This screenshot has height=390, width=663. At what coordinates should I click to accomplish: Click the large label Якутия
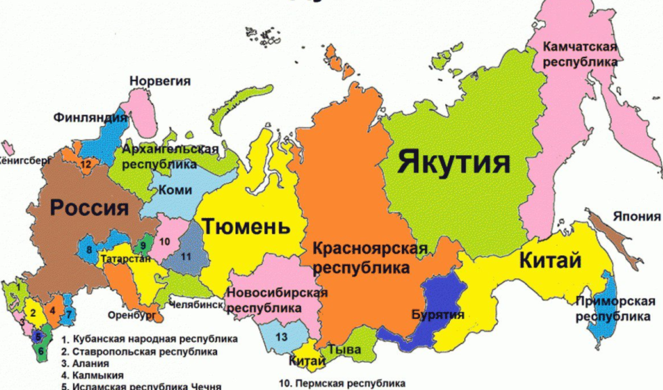pyautogui.click(x=453, y=163)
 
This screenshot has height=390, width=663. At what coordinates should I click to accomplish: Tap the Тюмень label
pyautogui.click(x=246, y=226)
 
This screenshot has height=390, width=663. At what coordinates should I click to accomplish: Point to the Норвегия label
pyautogui.click(x=160, y=81)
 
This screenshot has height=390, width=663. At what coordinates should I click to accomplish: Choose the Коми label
pyautogui.click(x=174, y=190)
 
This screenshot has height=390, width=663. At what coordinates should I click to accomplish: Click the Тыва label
pyautogui.click(x=344, y=351)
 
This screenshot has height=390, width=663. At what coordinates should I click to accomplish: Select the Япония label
pyautogui.click(x=637, y=217)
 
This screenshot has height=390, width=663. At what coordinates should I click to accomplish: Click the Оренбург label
pyautogui.click(x=131, y=315)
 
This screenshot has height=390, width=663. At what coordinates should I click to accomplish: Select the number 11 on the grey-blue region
pyautogui.click(x=185, y=256)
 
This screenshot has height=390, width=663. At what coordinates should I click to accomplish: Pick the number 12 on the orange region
pyautogui.click(x=85, y=164)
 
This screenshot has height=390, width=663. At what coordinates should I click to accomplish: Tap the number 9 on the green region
pyautogui.click(x=143, y=246)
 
